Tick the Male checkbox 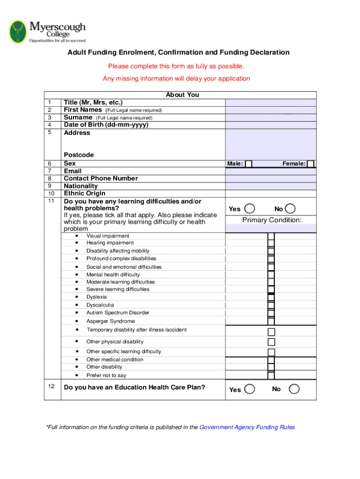click(x=249, y=164)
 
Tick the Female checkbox click(x=310, y=164)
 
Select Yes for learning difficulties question click(x=250, y=209)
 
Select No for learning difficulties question click(x=290, y=209)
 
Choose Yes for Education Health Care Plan click(x=250, y=389)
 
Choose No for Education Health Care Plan click(x=294, y=389)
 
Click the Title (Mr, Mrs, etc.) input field click(x=271, y=102)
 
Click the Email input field click(x=271, y=171)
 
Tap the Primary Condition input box click(x=271, y=228)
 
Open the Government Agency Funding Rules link click(x=247, y=427)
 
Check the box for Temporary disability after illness click(x=271, y=332)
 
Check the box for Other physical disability click(x=271, y=342)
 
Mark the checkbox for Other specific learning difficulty click(x=271, y=352)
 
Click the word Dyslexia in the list click(x=96, y=297)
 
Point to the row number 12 click(x=51, y=386)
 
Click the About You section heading click(x=182, y=95)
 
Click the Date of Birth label click(x=106, y=125)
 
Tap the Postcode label click(x=79, y=155)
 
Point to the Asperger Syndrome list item click(x=110, y=321)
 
